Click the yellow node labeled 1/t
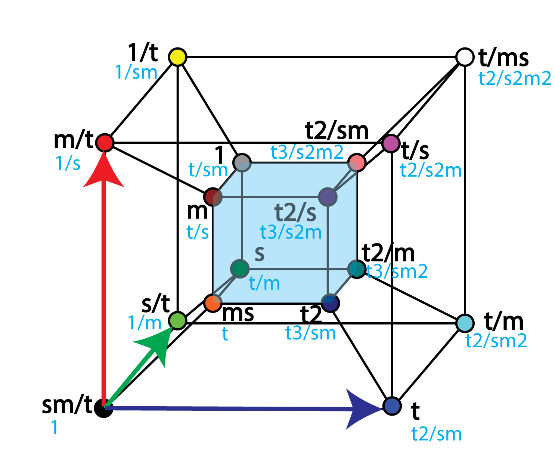(177, 57)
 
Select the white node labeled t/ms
(465, 57)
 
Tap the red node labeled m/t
(105, 143)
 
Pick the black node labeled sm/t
(104, 408)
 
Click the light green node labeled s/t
(177, 321)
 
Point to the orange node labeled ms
(213, 303)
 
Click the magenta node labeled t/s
(391, 143)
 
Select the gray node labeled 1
(242, 162)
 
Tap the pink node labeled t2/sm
(357, 162)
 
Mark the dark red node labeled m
(213, 197)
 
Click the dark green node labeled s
(240, 269)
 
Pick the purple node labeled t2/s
(328, 197)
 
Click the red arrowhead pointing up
(104, 170)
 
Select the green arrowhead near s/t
(157, 345)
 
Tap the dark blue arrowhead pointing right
(364, 409)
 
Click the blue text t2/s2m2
(515, 79)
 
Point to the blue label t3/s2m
(291, 232)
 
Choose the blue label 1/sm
(136, 72)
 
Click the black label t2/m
(388, 253)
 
